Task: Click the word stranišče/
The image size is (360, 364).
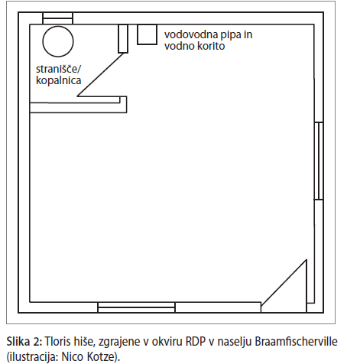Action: click(60, 69)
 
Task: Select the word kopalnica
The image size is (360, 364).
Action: click(59, 80)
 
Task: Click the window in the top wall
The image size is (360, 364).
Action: click(57, 18)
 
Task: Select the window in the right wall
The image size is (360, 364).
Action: click(319, 161)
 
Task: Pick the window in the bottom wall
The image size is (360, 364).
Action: click(136, 307)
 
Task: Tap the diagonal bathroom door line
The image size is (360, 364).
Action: click(100, 75)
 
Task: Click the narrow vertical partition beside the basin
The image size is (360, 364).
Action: click(123, 39)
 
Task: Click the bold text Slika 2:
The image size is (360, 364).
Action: click(24, 342)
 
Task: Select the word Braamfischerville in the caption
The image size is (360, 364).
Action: click(296, 342)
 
